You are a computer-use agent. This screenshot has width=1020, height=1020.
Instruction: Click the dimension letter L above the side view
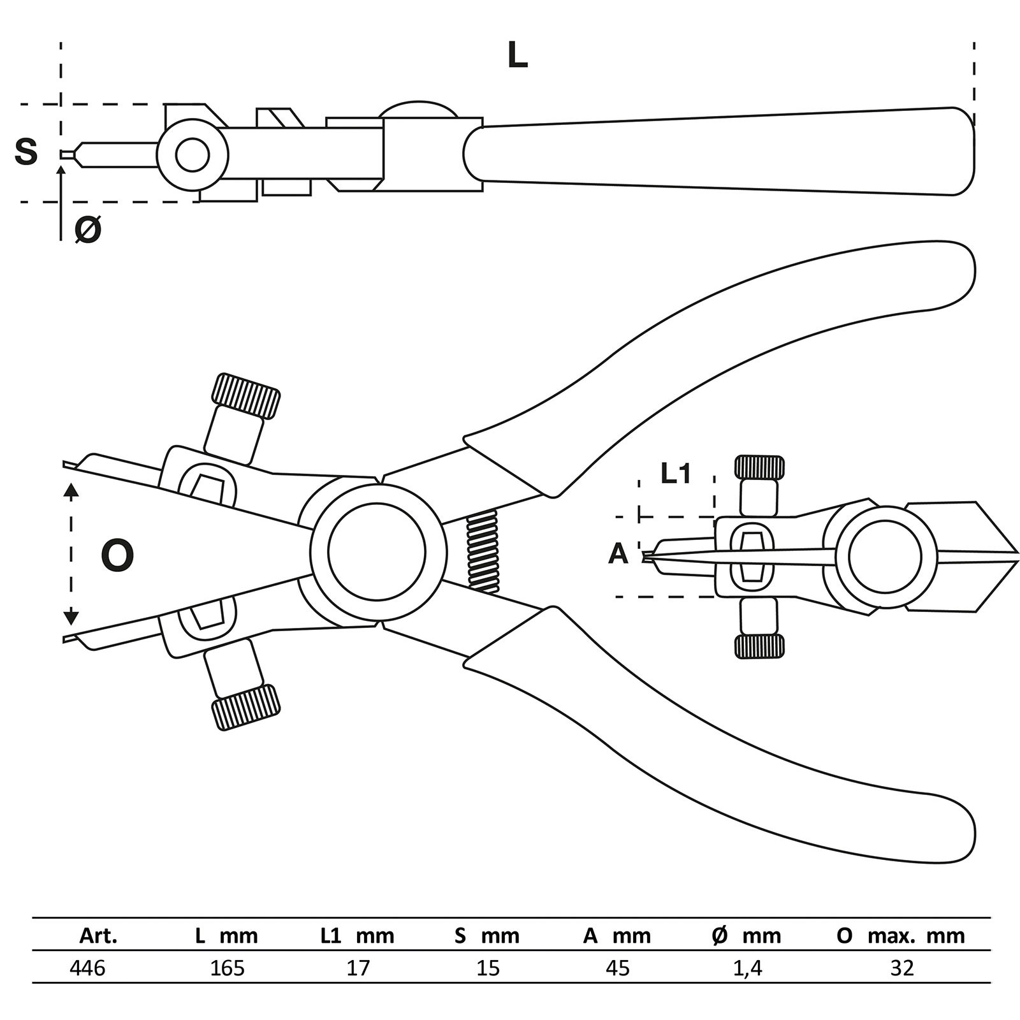517,56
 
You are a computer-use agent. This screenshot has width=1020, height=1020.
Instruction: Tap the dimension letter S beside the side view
26,152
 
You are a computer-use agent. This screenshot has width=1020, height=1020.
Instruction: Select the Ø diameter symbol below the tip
88,229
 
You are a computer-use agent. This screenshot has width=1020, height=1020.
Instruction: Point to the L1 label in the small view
676,474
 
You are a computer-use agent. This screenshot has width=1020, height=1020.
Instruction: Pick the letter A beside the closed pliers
618,554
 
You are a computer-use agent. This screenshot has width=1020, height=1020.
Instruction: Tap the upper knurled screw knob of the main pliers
246,396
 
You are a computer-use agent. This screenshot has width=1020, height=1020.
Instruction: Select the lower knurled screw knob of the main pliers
246,708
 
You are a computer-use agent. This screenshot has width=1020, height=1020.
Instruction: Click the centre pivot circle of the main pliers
377,552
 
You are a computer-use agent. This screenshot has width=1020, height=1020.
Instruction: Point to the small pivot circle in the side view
193,155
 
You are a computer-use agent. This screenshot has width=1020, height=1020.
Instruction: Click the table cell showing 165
227,968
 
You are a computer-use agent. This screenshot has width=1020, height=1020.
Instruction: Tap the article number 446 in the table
87,968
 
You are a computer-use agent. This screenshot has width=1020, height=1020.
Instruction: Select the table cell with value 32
901,968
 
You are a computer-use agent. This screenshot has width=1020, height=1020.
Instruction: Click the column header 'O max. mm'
901,936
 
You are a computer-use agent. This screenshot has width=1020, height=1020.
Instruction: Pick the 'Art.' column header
98,936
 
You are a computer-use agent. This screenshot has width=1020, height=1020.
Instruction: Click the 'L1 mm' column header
357,936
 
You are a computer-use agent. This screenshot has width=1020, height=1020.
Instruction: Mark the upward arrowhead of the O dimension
71,490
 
